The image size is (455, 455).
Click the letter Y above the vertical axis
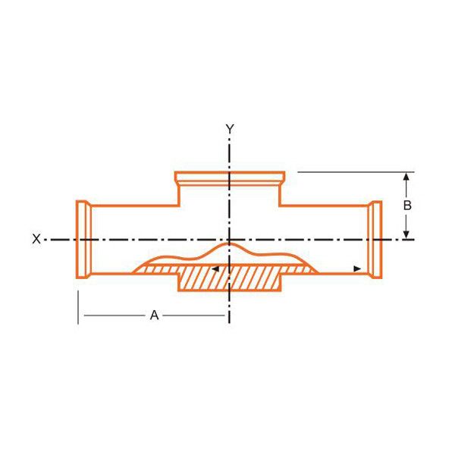tap(230, 129)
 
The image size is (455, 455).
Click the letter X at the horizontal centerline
tap(36, 239)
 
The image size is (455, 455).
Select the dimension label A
tap(155, 315)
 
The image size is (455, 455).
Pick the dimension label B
tap(407, 206)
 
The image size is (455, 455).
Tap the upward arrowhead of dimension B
tap(406, 176)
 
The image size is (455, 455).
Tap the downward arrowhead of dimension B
tap(406, 235)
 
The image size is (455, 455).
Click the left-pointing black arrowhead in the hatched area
tap(215, 269)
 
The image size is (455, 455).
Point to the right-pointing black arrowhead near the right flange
tap(357, 269)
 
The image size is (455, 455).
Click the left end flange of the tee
tap(84, 240)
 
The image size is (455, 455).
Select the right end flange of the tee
tap(375, 240)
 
